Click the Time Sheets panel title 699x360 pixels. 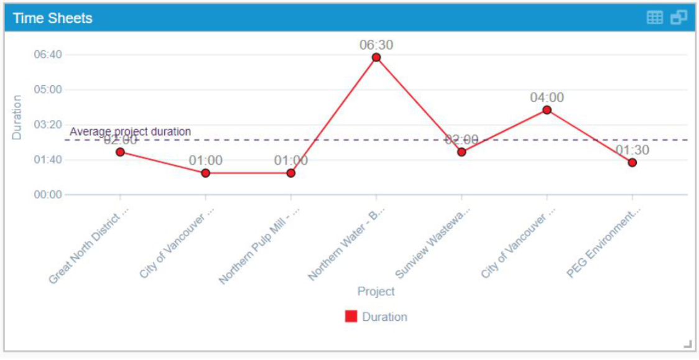[x=52, y=18]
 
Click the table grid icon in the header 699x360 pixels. [x=655, y=17]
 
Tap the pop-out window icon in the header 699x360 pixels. [x=678, y=17]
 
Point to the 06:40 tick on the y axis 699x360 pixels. [x=48, y=55]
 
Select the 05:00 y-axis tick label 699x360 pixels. [x=48, y=90]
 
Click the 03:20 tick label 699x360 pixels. [x=48, y=124]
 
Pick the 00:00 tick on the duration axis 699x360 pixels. [x=48, y=195]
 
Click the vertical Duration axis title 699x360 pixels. [x=17, y=117]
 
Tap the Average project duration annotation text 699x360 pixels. [x=130, y=132]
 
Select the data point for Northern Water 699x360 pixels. [x=376, y=58]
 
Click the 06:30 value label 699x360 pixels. [x=376, y=45]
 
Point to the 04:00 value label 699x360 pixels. [x=547, y=98]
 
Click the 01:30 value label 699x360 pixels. [x=632, y=150]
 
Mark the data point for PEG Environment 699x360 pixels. [x=632, y=163]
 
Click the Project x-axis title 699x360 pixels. [x=376, y=292]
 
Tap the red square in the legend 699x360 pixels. [x=351, y=316]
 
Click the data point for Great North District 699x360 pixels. [x=120, y=152]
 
